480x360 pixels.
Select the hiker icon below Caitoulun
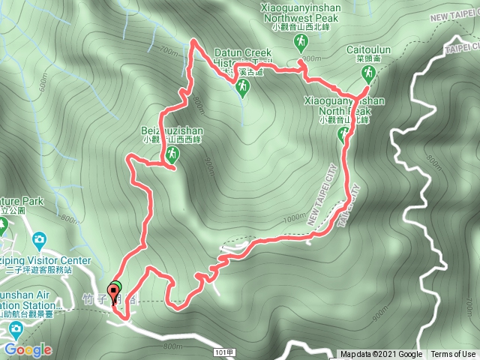367,73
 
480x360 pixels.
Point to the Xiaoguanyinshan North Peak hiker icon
343,134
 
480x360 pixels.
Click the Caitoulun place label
366,49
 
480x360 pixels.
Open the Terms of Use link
452,355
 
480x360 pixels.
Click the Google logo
27,349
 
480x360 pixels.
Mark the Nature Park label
22,202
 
